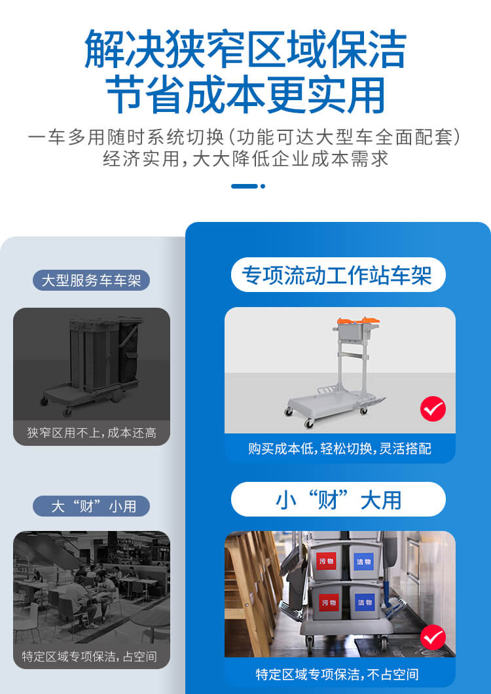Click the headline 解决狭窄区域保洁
(245, 48)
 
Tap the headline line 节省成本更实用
(245, 96)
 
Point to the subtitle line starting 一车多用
(245, 137)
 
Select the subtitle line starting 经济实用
(245, 158)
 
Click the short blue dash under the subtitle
(244, 186)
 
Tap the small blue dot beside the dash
(263, 186)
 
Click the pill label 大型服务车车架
(92, 281)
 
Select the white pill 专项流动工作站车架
(338, 275)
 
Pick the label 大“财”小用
(92, 506)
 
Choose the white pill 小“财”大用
(338, 500)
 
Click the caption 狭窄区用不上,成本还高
(92, 433)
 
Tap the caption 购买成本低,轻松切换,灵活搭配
(339, 448)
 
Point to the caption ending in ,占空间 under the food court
(92, 656)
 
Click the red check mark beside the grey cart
(433, 409)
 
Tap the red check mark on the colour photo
(433, 636)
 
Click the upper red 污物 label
(327, 561)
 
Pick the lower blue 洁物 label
(364, 601)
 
